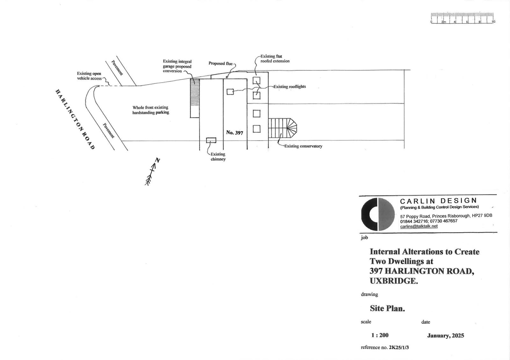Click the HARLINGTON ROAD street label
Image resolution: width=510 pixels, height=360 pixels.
(x=75, y=119)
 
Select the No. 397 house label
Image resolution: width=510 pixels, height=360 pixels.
(x=235, y=133)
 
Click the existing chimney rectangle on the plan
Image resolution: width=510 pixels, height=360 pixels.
(x=211, y=140)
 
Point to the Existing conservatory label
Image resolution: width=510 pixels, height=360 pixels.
(x=303, y=146)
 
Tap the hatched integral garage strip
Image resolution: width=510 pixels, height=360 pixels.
(x=195, y=98)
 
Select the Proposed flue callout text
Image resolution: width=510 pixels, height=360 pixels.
(x=221, y=63)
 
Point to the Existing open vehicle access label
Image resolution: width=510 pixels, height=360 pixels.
(x=89, y=76)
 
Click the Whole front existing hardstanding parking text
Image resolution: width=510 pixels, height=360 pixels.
(x=151, y=110)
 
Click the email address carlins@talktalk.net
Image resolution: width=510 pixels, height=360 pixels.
(x=419, y=226)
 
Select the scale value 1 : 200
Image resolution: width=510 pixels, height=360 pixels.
(x=380, y=335)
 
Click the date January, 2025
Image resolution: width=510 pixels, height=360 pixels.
(x=446, y=335)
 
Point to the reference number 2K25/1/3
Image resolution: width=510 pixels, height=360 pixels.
(x=399, y=347)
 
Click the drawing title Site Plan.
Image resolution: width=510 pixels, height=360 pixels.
(x=387, y=308)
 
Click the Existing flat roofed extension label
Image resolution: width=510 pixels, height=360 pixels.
(x=275, y=59)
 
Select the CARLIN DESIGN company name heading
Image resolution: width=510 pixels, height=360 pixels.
(x=439, y=201)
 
